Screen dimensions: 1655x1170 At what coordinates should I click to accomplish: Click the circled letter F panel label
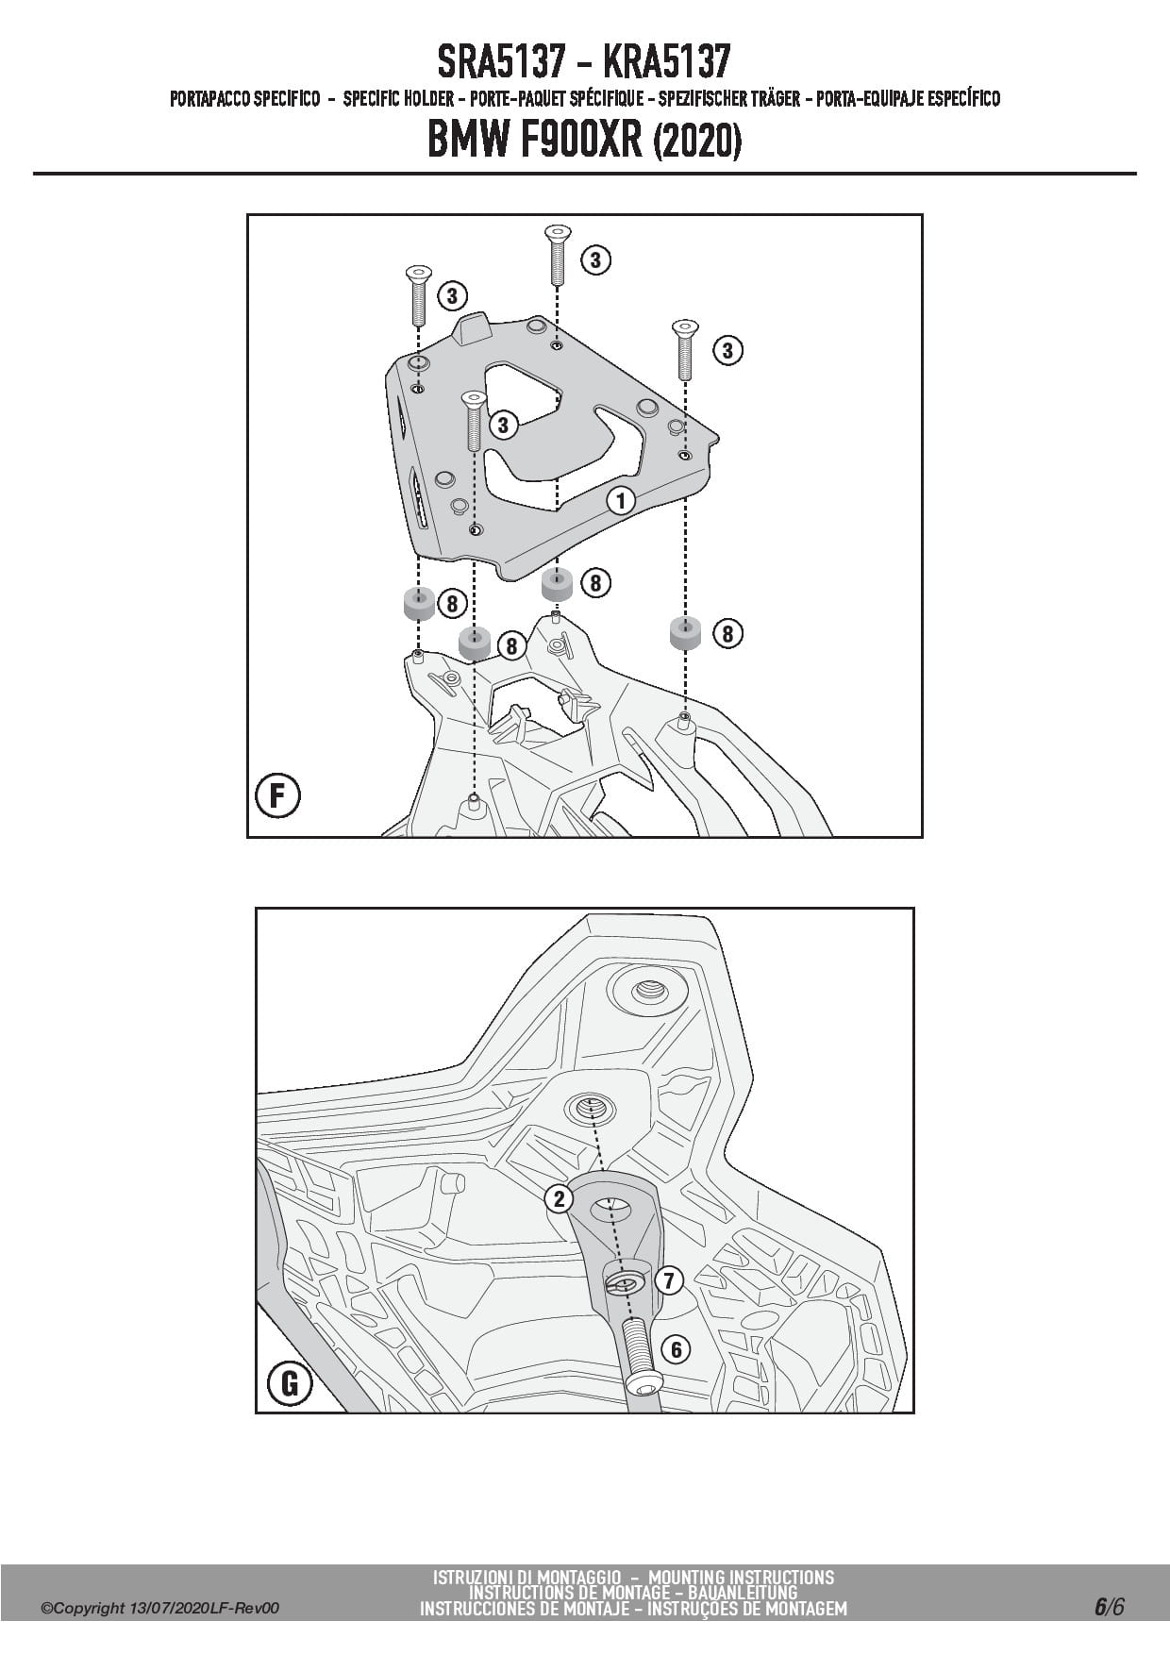(278, 794)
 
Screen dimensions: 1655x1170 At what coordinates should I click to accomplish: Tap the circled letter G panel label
(291, 1383)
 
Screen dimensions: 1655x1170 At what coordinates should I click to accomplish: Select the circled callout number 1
(620, 499)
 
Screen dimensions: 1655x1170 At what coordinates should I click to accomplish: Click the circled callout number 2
(560, 1199)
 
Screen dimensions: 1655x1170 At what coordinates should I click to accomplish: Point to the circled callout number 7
(668, 1280)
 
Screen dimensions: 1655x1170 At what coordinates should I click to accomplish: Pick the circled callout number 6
(676, 1349)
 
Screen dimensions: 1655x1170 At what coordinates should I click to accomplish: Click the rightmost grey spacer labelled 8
(686, 632)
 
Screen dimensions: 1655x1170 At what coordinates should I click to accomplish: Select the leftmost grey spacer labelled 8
(419, 602)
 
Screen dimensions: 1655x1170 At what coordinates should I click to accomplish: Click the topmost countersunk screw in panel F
(557, 254)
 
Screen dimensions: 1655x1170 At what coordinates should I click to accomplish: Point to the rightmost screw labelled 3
(684, 348)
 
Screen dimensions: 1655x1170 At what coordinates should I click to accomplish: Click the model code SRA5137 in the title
(501, 63)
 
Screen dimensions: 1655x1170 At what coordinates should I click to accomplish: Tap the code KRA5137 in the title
(665, 63)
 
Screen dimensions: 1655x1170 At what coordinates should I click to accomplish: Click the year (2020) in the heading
(697, 142)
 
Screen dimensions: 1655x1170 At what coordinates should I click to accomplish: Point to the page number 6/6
(1109, 1607)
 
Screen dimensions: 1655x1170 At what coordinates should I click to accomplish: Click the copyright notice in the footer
(160, 1608)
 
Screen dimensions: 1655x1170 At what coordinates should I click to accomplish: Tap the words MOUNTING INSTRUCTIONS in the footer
(741, 1577)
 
